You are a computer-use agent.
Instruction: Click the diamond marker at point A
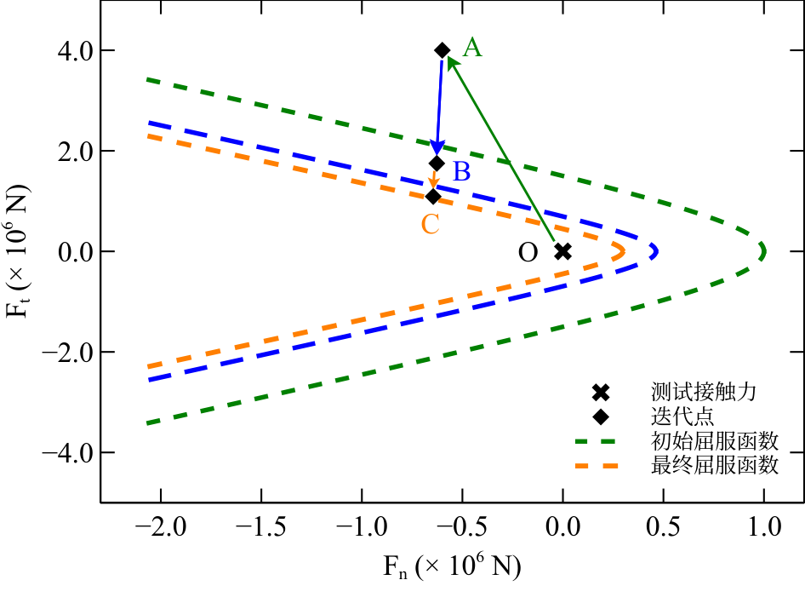tap(442, 50)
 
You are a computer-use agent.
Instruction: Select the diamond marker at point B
tap(437, 163)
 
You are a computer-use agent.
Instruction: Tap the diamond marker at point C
tap(433, 197)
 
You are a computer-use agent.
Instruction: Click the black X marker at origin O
tap(562, 251)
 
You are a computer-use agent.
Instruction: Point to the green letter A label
tap(471, 49)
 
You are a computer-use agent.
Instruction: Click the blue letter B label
tap(461, 172)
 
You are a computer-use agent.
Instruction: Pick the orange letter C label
tap(431, 224)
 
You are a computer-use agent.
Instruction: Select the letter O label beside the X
tap(528, 253)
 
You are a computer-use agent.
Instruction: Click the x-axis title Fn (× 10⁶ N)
tap(451, 566)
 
